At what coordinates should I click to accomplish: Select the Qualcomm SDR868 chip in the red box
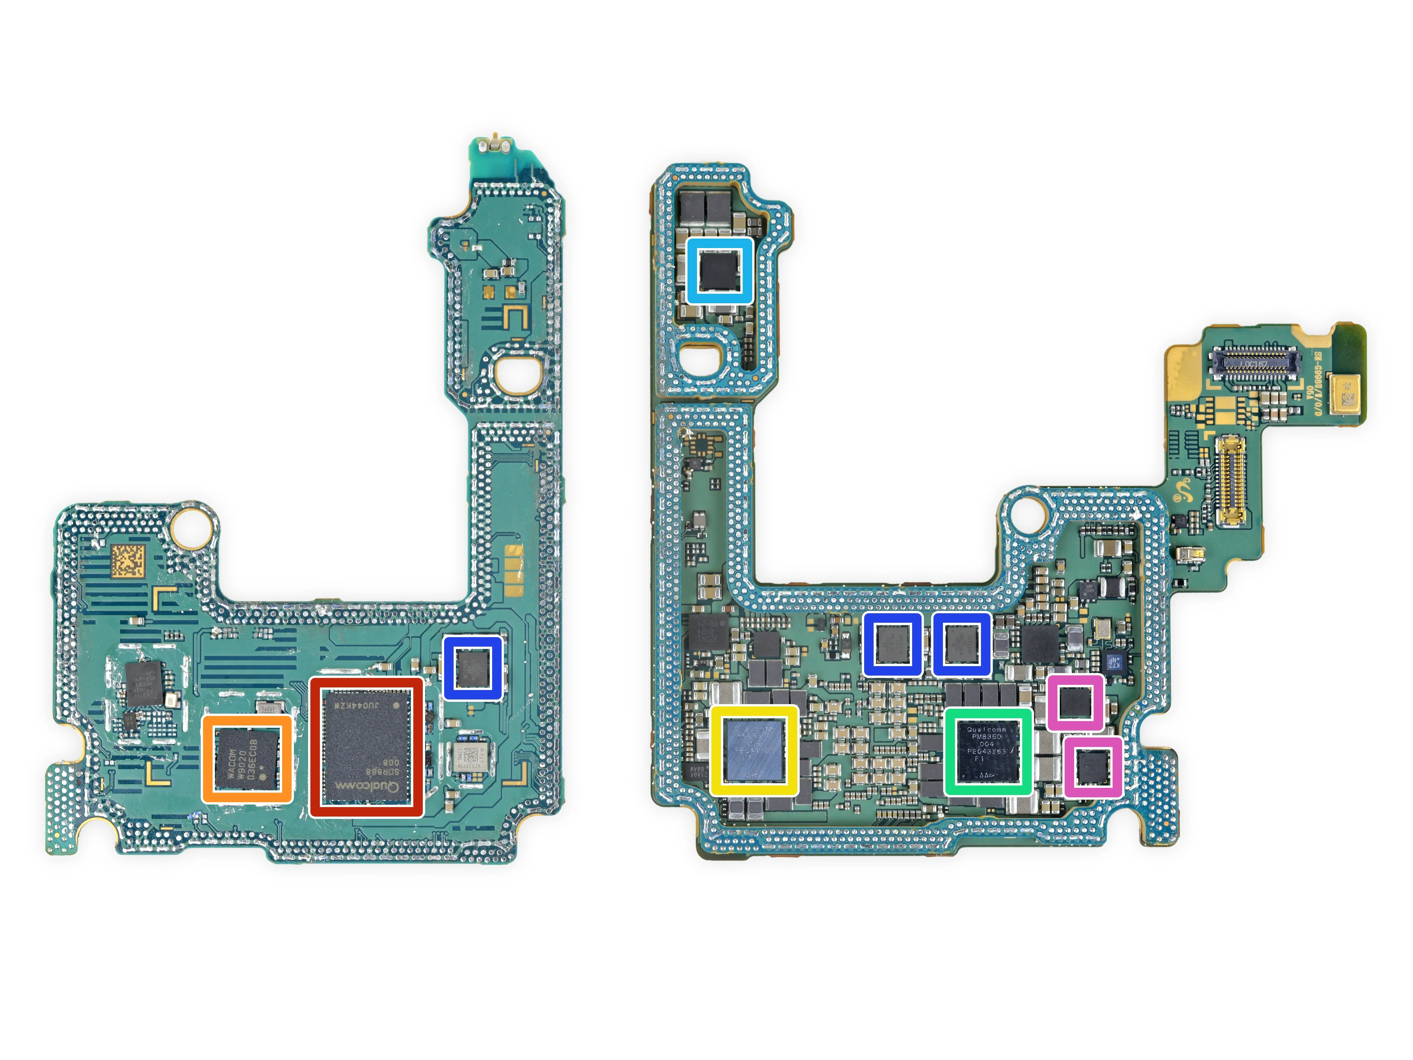click(366, 746)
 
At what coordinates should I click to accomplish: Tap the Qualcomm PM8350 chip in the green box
click(988, 751)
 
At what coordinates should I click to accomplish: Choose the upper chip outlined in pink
click(1075, 702)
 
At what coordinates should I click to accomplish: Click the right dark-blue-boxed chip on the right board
click(961, 643)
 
